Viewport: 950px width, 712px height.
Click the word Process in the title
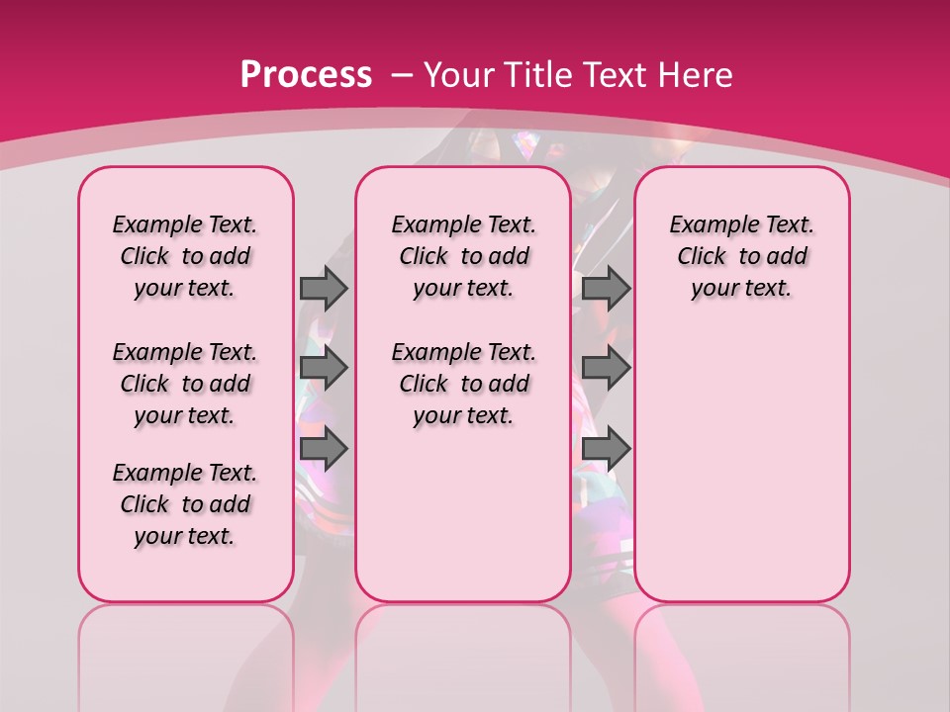[x=306, y=74]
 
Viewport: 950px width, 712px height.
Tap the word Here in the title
[x=697, y=74]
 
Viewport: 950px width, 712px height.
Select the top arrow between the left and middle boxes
[x=324, y=288]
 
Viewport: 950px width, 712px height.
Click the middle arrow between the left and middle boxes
[x=324, y=368]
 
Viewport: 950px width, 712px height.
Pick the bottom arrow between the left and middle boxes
[x=324, y=449]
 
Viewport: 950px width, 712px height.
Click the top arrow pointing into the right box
[x=606, y=288]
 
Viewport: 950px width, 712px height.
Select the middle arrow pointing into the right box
[x=606, y=368]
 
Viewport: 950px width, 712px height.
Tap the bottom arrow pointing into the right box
[x=606, y=449]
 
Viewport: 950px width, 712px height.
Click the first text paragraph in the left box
[x=185, y=256]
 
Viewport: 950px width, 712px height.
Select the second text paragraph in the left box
[x=185, y=384]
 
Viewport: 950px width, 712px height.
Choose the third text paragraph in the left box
[x=185, y=504]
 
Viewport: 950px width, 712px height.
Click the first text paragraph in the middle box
[x=463, y=256]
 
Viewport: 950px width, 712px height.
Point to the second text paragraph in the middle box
[x=463, y=384]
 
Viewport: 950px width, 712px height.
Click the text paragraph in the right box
[x=741, y=256]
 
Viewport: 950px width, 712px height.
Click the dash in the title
[x=403, y=74]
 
